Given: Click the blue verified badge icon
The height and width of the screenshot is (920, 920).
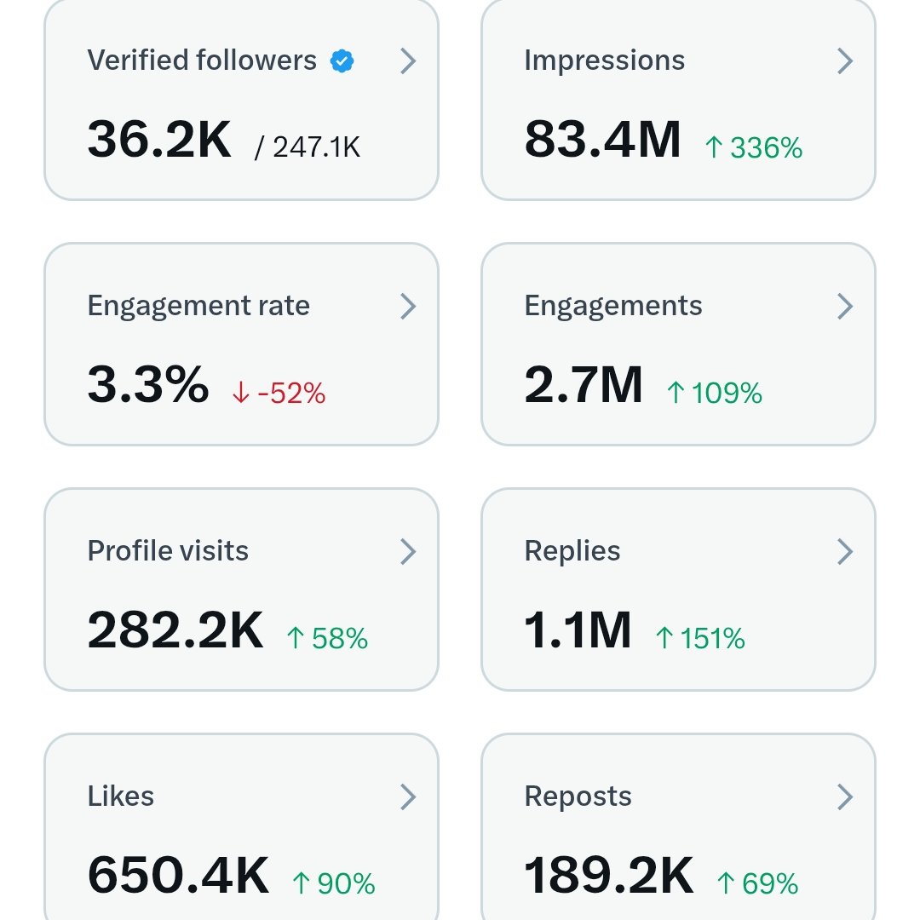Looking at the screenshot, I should (342, 61).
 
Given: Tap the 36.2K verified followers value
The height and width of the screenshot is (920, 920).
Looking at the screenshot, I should (159, 139).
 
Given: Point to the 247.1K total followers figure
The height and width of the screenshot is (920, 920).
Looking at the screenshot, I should (308, 147).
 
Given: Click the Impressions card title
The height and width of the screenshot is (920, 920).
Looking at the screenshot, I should (604, 60).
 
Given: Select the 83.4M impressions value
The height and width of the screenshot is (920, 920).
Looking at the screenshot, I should (602, 139).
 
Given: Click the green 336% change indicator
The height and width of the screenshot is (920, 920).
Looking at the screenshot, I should (754, 148).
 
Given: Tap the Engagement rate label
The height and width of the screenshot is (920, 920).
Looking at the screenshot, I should (198, 306).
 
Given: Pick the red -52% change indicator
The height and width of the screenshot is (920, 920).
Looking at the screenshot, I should (279, 394).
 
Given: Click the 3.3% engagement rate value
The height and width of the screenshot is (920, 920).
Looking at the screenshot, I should (148, 384).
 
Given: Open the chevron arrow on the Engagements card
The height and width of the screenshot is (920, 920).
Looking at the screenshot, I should (844, 306).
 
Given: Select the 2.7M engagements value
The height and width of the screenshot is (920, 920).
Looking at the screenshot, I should (584, 384).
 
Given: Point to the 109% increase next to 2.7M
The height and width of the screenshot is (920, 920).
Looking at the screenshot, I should (714, 394).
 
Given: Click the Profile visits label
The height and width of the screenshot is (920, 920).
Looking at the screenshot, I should (168, 551).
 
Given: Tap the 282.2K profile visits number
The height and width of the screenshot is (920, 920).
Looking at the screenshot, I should (175, 630).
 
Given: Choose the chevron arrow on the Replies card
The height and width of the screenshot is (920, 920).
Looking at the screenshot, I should (844, 551).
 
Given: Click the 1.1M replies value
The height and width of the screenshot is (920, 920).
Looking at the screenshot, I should (578, 630).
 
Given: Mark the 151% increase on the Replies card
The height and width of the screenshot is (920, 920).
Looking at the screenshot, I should (700, 639).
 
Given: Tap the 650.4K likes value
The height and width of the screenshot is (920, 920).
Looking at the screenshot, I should (178, 875).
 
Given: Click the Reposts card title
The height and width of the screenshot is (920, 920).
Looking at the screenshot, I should (578, 796).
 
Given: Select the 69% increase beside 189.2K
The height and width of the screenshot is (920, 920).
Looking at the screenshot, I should (757, 884).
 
